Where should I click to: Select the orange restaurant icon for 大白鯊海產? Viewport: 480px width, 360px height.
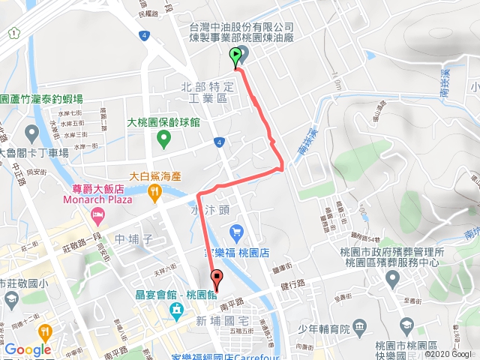(x=154, y=193)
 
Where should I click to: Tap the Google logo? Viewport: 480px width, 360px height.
(x=27, y=349)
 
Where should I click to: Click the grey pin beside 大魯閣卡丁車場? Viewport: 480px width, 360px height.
(x=31, y=134)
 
